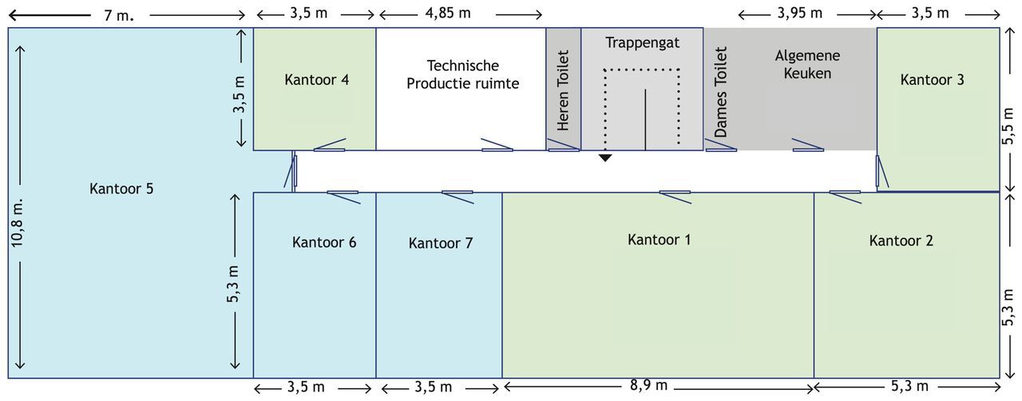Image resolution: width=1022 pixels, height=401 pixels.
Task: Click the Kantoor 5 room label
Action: pos(121,189)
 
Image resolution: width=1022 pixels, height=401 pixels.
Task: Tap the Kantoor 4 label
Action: pos(317,79)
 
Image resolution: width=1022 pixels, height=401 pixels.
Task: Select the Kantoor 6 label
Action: pos(324,242)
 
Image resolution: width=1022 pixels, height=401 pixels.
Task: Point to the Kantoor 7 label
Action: pos(440,243)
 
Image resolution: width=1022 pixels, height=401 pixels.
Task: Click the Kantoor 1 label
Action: pos(659,240)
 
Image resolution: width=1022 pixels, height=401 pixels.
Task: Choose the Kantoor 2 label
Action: pos(901,240)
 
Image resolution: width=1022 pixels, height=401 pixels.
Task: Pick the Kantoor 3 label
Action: pos(932,79)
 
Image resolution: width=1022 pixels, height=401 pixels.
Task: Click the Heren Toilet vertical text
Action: pos(563,90)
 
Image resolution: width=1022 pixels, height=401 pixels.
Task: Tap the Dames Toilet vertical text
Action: pos(720,92)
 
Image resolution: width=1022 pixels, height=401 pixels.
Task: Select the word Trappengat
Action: pos(643,43)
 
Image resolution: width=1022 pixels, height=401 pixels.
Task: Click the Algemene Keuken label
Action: pos(807,65)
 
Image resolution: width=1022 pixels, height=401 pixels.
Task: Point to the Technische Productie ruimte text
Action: pos(462,74)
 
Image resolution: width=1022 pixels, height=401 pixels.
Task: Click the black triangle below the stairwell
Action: pos(605,158)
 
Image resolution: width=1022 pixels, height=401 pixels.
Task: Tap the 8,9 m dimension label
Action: pos(648,386)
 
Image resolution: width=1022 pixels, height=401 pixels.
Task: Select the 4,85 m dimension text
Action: pos(448,14)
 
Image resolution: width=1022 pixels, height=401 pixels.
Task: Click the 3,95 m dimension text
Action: pos(800,14)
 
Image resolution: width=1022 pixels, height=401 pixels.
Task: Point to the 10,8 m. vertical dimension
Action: pos(17,224)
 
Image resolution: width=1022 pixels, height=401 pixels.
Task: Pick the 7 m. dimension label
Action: pos(119,15)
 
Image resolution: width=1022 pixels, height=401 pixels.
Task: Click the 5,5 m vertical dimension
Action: pos(1008,126)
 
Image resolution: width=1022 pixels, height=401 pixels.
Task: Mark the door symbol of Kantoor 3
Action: pos(881,171)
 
